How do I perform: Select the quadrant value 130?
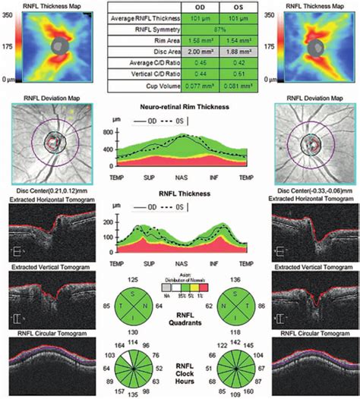click(134, 333)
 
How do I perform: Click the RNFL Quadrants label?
click(180, 319)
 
